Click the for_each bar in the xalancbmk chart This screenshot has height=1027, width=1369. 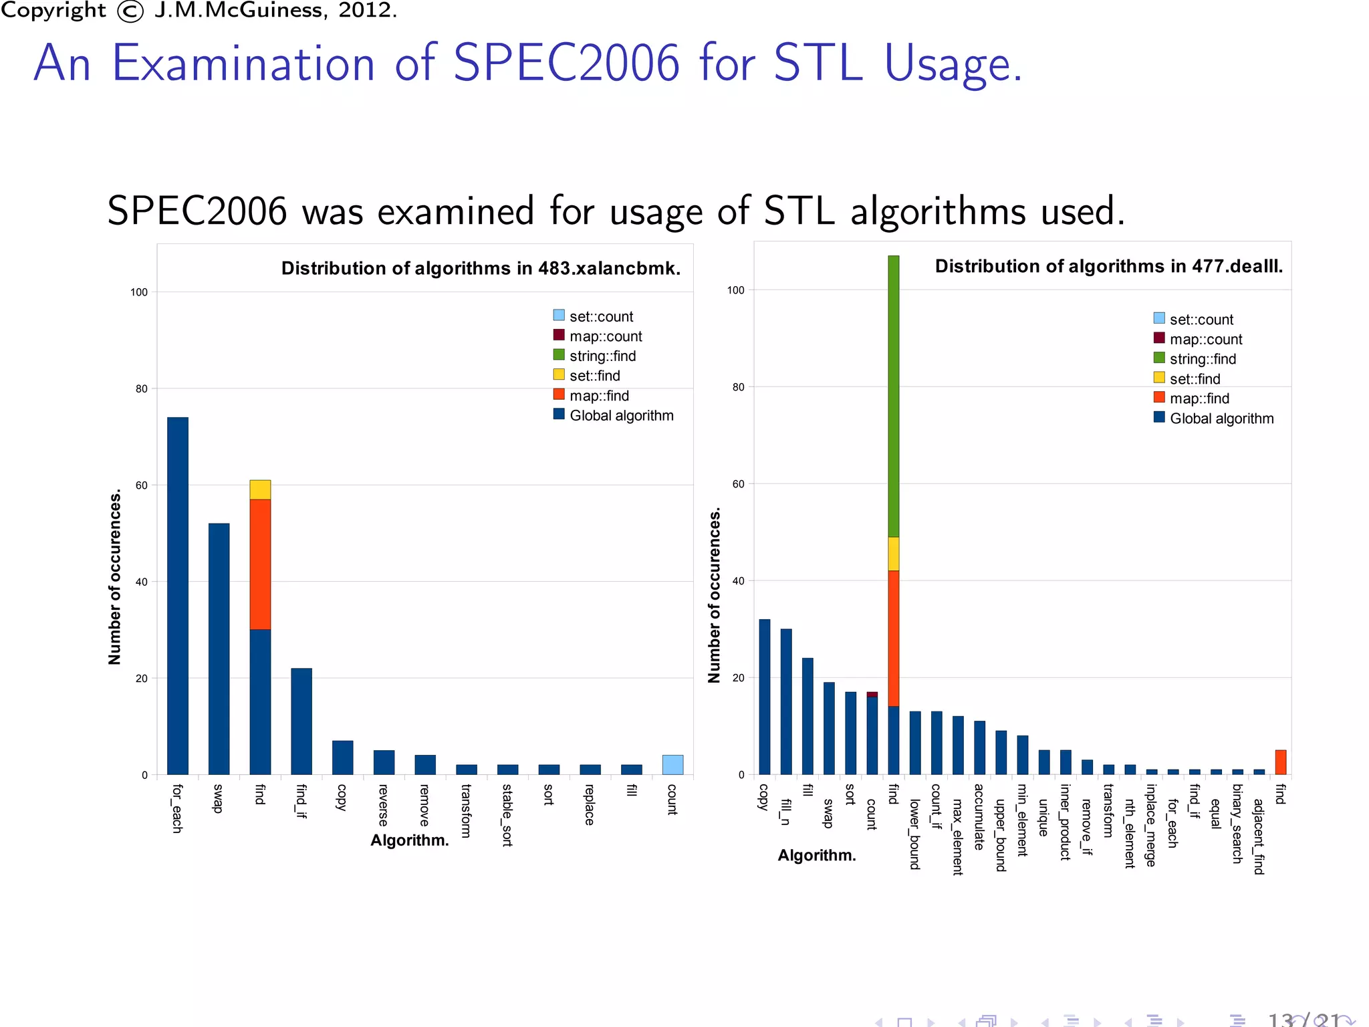coord(178,595)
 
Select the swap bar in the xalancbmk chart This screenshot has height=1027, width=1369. coord(219,649)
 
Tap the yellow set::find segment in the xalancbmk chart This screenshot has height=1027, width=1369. coord(260,489)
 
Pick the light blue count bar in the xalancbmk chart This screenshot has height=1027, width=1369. coord(672,765)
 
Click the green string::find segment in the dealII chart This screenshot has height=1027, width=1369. coord(893,396)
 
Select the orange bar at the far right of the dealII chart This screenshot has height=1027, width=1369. coord(1280,762)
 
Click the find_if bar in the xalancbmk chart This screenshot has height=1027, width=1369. coord(301,721)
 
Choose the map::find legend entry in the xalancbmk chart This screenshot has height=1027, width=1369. coord(591,396)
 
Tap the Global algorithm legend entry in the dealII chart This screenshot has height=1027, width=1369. coord(1213,419)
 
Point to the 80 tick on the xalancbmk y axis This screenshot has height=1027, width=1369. coord(141,388)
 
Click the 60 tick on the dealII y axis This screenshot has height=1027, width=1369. coord(737,484)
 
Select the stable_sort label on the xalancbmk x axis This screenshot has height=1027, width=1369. coord(507,815)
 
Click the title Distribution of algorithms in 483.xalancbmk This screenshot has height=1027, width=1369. coord(481,269)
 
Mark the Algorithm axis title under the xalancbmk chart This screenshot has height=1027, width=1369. coord(409,840)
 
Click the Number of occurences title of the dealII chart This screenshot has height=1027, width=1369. coord(715,595)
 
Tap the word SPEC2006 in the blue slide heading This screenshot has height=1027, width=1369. coord(566,64)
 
